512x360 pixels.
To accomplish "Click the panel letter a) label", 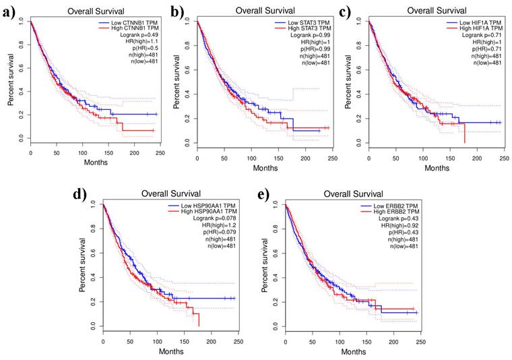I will click(9, 12).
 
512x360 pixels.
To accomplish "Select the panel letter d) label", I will click(79, 196).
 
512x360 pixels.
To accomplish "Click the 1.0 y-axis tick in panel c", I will click(358, 22).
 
